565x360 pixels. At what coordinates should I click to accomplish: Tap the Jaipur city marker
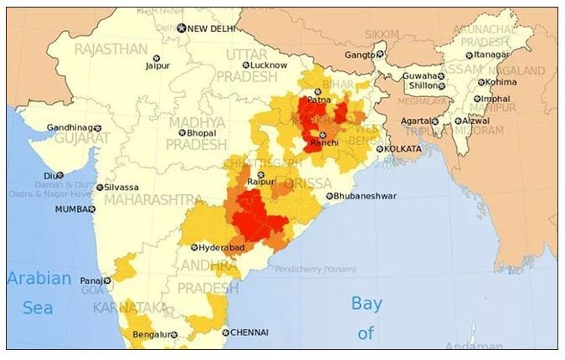click(156, 58)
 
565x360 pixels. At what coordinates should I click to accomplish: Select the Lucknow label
click(269, 64)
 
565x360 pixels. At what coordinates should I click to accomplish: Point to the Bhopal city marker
click(182, 133)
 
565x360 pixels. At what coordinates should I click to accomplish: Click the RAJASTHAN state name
click(110, 49)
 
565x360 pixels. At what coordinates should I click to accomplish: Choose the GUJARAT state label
click(82, 139)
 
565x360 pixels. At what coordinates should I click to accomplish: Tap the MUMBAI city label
click(73, 209)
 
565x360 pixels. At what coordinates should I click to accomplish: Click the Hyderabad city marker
click(195, 248)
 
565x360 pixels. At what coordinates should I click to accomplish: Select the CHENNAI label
click(249, 332)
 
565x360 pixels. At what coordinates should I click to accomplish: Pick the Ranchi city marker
click(323, 135)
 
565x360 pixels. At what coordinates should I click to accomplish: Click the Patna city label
click(319, 100)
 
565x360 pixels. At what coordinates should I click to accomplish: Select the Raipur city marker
click(260, 174)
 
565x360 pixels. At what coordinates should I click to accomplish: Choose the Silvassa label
click(122, 188)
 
